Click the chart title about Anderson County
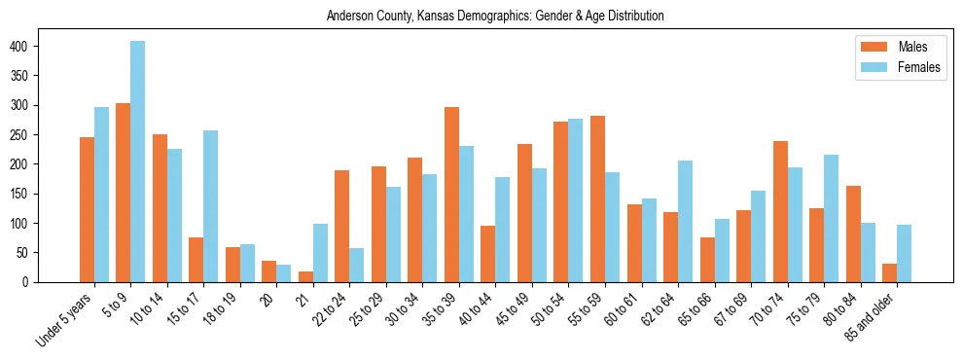(x=495, y=16)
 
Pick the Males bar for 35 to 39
(x=451, y=195)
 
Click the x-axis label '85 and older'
(x=874, y=315)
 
